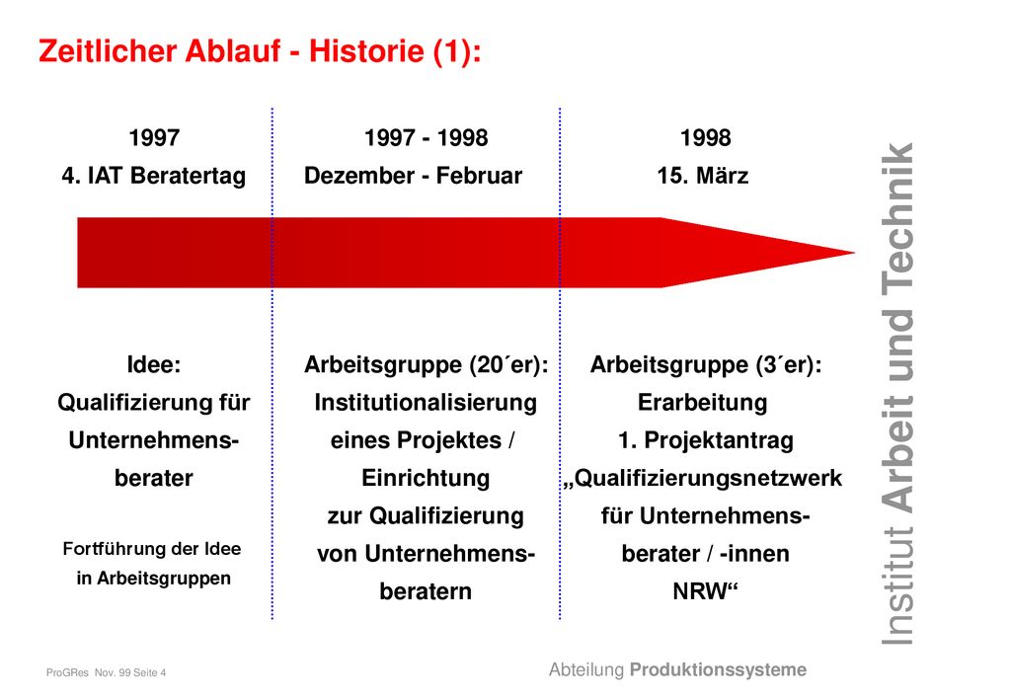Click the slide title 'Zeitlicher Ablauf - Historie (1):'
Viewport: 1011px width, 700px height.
click(260, 51)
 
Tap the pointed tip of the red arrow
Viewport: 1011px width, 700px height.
click(854, 253)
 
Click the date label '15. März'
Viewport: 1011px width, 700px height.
click(703, 176)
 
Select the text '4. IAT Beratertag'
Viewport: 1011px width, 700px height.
click(154, 176)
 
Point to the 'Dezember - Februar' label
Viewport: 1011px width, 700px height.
click(414, 176)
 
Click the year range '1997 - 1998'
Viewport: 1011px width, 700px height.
click(427, 138)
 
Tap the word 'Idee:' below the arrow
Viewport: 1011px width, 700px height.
click(154, 365)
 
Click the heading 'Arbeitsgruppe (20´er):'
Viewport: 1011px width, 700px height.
click(427, 365)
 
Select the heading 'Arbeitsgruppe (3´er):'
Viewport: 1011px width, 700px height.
click(706, 365)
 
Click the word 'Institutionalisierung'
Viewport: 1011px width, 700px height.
click(426, 403)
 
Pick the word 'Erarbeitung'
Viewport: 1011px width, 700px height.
click(703, 403)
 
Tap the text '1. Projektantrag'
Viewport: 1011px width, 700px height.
click(706, 441)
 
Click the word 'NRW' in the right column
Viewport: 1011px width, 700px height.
click(700, 591)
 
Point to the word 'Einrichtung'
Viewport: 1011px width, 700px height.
click(426, 478)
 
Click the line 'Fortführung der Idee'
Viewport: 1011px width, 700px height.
click(152, 549)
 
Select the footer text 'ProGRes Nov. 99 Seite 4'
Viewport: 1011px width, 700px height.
click(107, 673)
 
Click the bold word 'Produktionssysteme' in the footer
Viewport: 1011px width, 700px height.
click(719, 670)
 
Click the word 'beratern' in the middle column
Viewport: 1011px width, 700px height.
click(426, 591)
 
